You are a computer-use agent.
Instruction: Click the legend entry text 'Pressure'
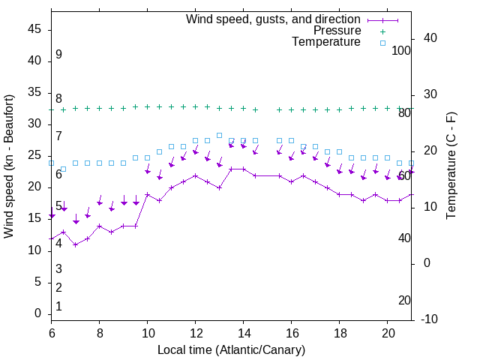[338, 31]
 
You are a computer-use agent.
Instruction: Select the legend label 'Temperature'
[326, 42]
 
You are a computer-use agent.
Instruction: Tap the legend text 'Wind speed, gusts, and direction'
[273, 19]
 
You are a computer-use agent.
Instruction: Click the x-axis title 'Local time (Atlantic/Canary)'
[232, 349]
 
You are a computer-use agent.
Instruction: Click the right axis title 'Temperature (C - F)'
[451, 166]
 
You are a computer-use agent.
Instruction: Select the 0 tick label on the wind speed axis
[39, 313]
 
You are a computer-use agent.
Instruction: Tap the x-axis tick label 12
[195, 333]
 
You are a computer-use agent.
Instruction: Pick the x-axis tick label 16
[291, 333]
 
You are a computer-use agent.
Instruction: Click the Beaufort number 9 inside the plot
[58, 55]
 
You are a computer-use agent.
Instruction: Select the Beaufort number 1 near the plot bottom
[58, 307]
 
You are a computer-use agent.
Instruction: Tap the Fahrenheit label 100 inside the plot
[401, 50]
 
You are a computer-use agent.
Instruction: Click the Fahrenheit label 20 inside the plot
[404, 300]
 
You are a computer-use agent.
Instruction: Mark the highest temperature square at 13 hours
[219, 135]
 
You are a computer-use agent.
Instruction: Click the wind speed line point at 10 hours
[147, 194]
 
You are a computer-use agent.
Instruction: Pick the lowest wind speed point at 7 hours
[75, 244]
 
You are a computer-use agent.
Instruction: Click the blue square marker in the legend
[382, 43]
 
